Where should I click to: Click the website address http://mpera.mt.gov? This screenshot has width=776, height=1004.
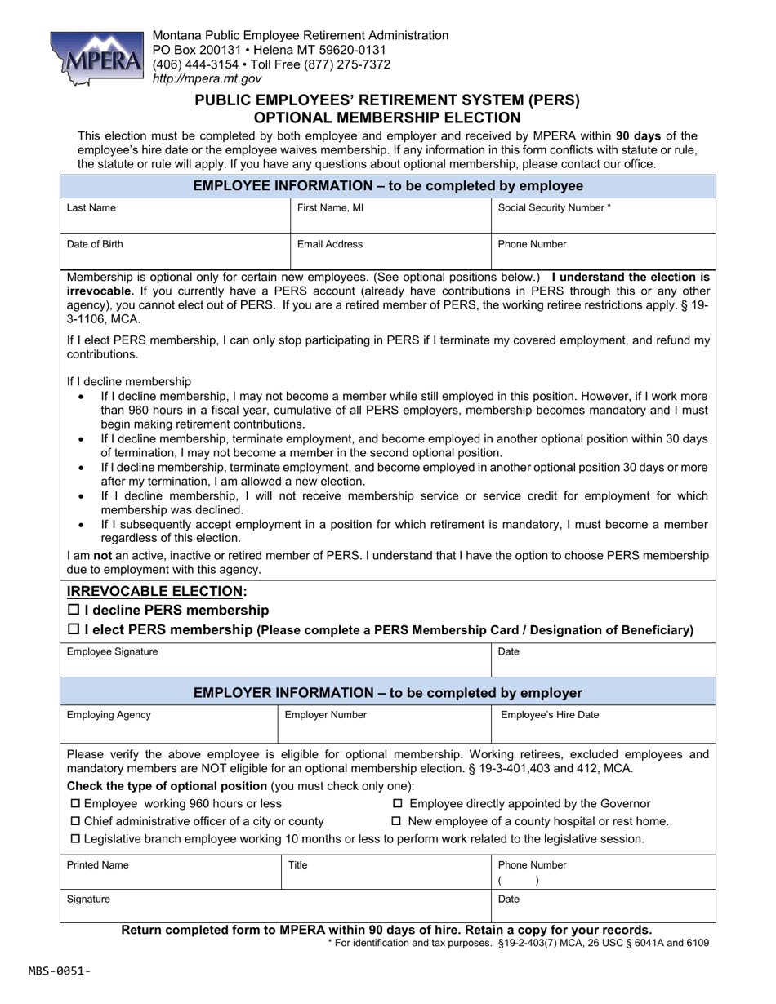point(207,79)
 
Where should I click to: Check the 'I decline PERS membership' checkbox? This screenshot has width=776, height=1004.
point(74,610)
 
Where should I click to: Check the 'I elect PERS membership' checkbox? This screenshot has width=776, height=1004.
point(74,629)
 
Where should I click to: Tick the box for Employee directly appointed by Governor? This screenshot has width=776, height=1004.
point(399,804)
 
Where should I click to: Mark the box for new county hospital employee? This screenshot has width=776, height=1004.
point(399,821)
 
